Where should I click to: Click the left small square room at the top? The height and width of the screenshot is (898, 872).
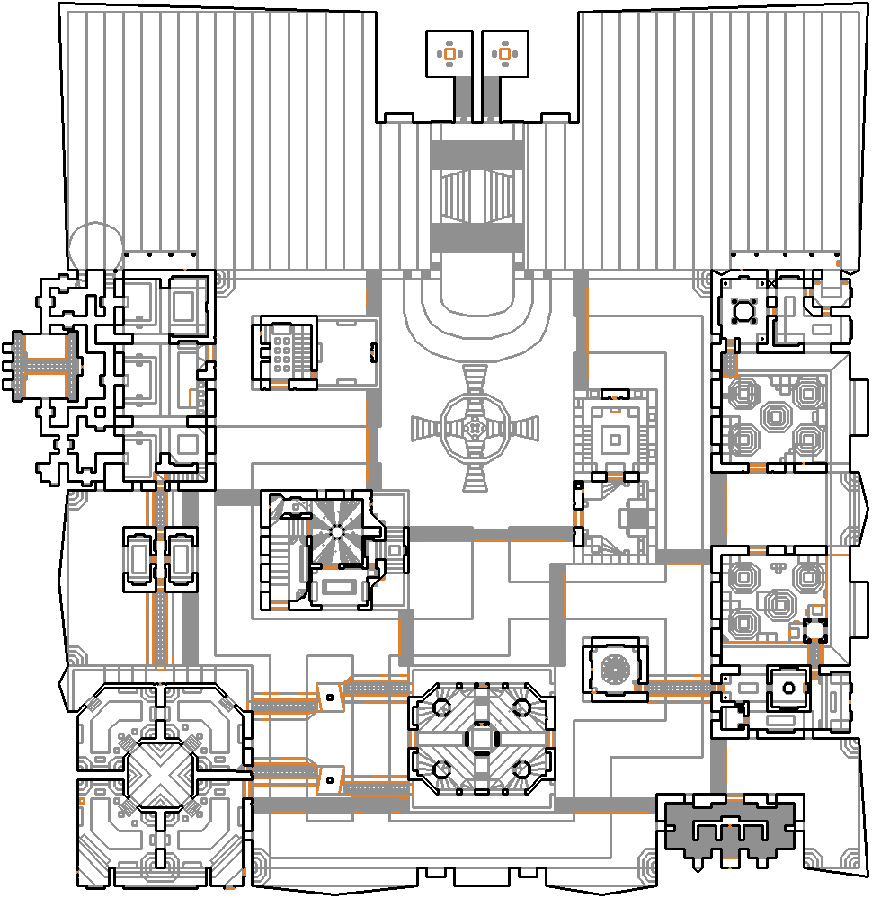click(x=449, y=54)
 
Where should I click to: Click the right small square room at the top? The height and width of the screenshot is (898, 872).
click(x=503, y=54)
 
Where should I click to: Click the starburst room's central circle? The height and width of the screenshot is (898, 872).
click(x=337, y=531)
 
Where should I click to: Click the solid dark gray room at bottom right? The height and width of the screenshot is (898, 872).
click(x=730, y=831)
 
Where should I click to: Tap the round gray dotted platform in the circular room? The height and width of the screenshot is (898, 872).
click(x=617, y=668)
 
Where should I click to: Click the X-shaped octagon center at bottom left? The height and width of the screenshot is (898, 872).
click(x=161, y=772)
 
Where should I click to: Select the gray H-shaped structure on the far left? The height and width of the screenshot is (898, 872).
click(x=42, y=365)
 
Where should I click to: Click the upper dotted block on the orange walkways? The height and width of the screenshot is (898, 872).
click(x=330, y=697)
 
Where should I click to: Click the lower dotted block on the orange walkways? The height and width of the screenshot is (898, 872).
click(x=331, y=779)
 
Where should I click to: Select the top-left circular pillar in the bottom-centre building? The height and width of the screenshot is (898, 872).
click(x=441, y=707)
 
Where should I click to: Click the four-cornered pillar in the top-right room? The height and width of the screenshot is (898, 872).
click(x=743, y=311)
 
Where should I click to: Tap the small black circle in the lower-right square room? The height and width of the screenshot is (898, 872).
click(x=788, y=689)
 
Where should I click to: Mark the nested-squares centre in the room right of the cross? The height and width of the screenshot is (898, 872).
click(x=616, y=440)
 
